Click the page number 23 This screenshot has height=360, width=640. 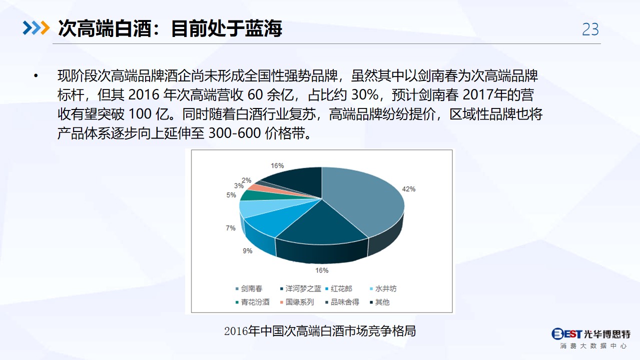[x=590, y=29]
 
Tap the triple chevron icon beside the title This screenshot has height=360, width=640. [x=36, y=28]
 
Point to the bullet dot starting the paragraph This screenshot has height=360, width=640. [x=36, y=76]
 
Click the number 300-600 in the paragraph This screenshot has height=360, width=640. [x=235, y=133]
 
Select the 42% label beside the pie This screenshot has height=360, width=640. [x=409, y=189]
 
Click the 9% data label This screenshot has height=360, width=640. [x=247, y=251]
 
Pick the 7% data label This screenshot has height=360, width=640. [x=231, y=228]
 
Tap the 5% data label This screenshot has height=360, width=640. [x=231, y=195]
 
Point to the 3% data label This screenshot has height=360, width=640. [x=239, y=186]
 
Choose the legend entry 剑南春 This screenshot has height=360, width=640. [x=249, y=288]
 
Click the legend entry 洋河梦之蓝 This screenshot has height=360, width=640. [x=301, y=288]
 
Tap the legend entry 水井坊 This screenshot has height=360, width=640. [x=383, y=288]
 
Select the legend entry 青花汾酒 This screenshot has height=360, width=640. [x=252, y=302]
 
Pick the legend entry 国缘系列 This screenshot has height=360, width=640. [x=297, y=302]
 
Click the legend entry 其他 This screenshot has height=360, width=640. [x=380, y=302]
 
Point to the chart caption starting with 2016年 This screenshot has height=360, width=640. [x=320, y=331]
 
